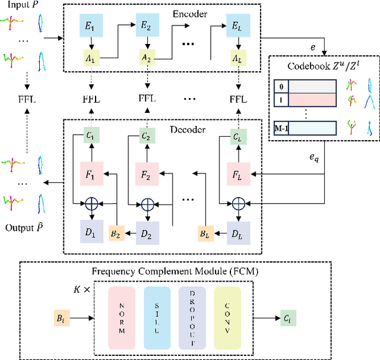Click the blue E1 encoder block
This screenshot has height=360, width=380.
click(91, 25)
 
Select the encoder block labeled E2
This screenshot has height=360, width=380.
click(147, 25)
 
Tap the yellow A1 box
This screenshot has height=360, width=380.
click(91, 58)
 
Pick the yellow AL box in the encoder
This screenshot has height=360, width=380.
click(238, 58)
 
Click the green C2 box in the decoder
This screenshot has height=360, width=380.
click(147, 136)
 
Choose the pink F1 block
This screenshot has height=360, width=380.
click(91, 174)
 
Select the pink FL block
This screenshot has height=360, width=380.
click(239, 174)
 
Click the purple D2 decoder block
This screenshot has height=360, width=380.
click(147, 233)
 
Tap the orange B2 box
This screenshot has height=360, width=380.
click(116, 233)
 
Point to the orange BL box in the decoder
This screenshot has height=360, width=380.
click(206, 233)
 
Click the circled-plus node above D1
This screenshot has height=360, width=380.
click(91, 204)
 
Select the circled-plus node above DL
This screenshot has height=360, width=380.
click(239, 204)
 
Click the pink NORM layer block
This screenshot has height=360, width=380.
click(122, 318)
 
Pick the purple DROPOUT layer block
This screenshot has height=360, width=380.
click(192, 318)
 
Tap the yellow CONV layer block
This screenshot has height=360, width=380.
click(227, 318)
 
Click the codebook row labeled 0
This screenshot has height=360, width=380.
click(305, 86)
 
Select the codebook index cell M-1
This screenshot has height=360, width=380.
click(281, 128)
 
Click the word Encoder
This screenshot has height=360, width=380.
click(190, 14)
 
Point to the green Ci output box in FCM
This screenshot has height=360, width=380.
click(288, 318)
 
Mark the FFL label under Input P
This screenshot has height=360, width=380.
click(27, 99)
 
